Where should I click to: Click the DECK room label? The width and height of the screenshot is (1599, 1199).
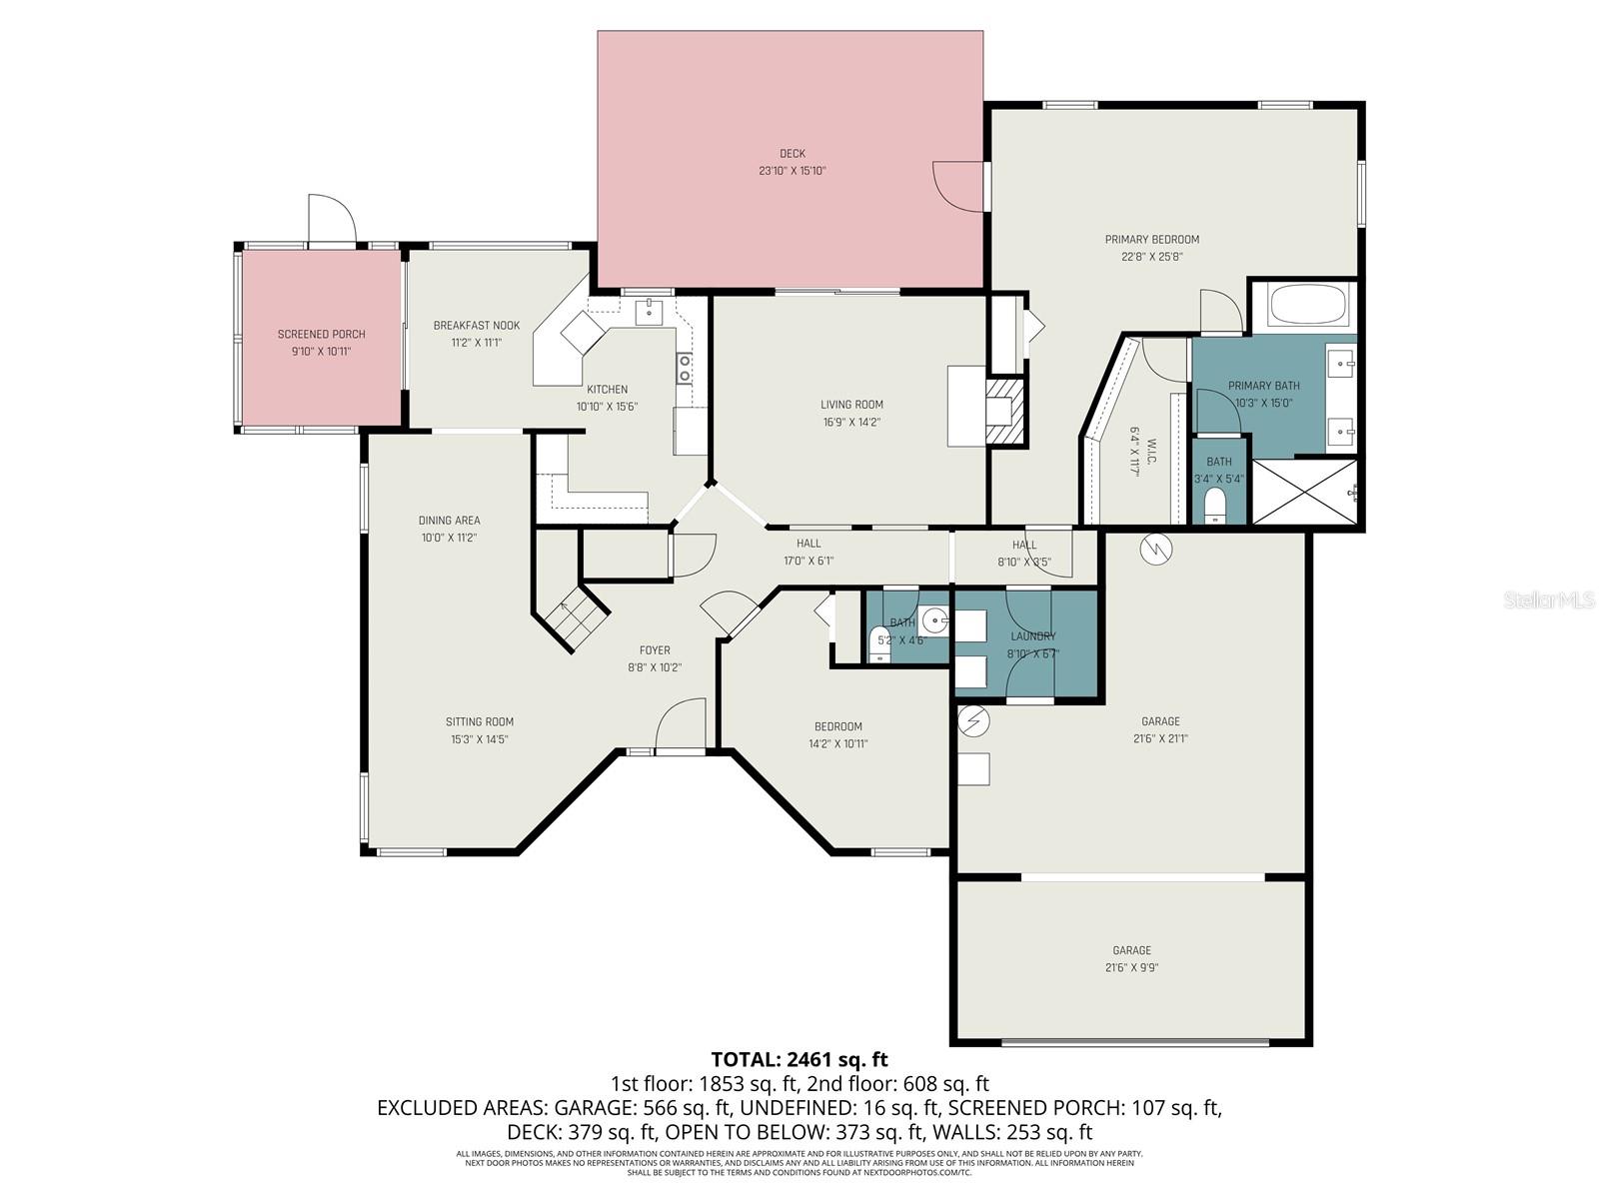coord(792,154)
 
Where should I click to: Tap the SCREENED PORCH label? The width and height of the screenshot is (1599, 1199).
coord(321,334)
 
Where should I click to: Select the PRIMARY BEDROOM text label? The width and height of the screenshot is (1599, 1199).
coord(1151,240)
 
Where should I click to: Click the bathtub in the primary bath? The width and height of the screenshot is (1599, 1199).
coord(1308,305)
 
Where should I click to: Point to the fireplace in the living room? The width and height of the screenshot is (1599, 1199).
coord(1005,409)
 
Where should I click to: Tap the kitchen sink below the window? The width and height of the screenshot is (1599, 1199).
coord(650,311)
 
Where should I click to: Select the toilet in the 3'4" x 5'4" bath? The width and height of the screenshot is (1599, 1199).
coord(1215,507)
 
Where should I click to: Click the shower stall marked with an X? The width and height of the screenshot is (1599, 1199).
coord(1305,491)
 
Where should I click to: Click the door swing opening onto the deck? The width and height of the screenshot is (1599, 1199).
coord(957,187)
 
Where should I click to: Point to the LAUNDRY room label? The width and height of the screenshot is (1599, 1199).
coord(1032,636)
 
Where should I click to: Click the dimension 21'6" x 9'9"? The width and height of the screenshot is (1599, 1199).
coord(1131,967)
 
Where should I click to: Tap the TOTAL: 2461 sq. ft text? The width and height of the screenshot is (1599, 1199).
coord(799,1059)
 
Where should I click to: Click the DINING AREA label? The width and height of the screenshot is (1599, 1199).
coord(449,521)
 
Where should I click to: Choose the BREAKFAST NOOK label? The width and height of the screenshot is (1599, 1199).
coord(476,326)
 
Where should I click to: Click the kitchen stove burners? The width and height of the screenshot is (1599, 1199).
coord(685,368)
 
